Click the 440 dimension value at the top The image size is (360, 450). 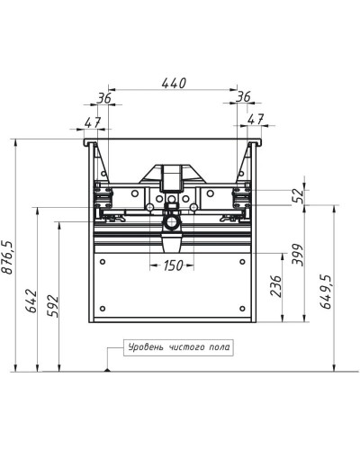(x=174, y=83)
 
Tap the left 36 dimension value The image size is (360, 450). (x=104, y=98)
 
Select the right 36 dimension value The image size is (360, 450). (x=243, y=97)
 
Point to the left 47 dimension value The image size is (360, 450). (x=92, y=122)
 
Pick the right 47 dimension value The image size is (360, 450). (x=256, y=120)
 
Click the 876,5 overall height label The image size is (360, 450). (x=7, y=257)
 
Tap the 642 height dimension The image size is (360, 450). (x=31, y=301)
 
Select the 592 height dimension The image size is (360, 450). (x=52, y=306)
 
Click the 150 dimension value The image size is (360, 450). (x=173, y=265)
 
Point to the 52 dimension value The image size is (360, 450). (x=298, y=196)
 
